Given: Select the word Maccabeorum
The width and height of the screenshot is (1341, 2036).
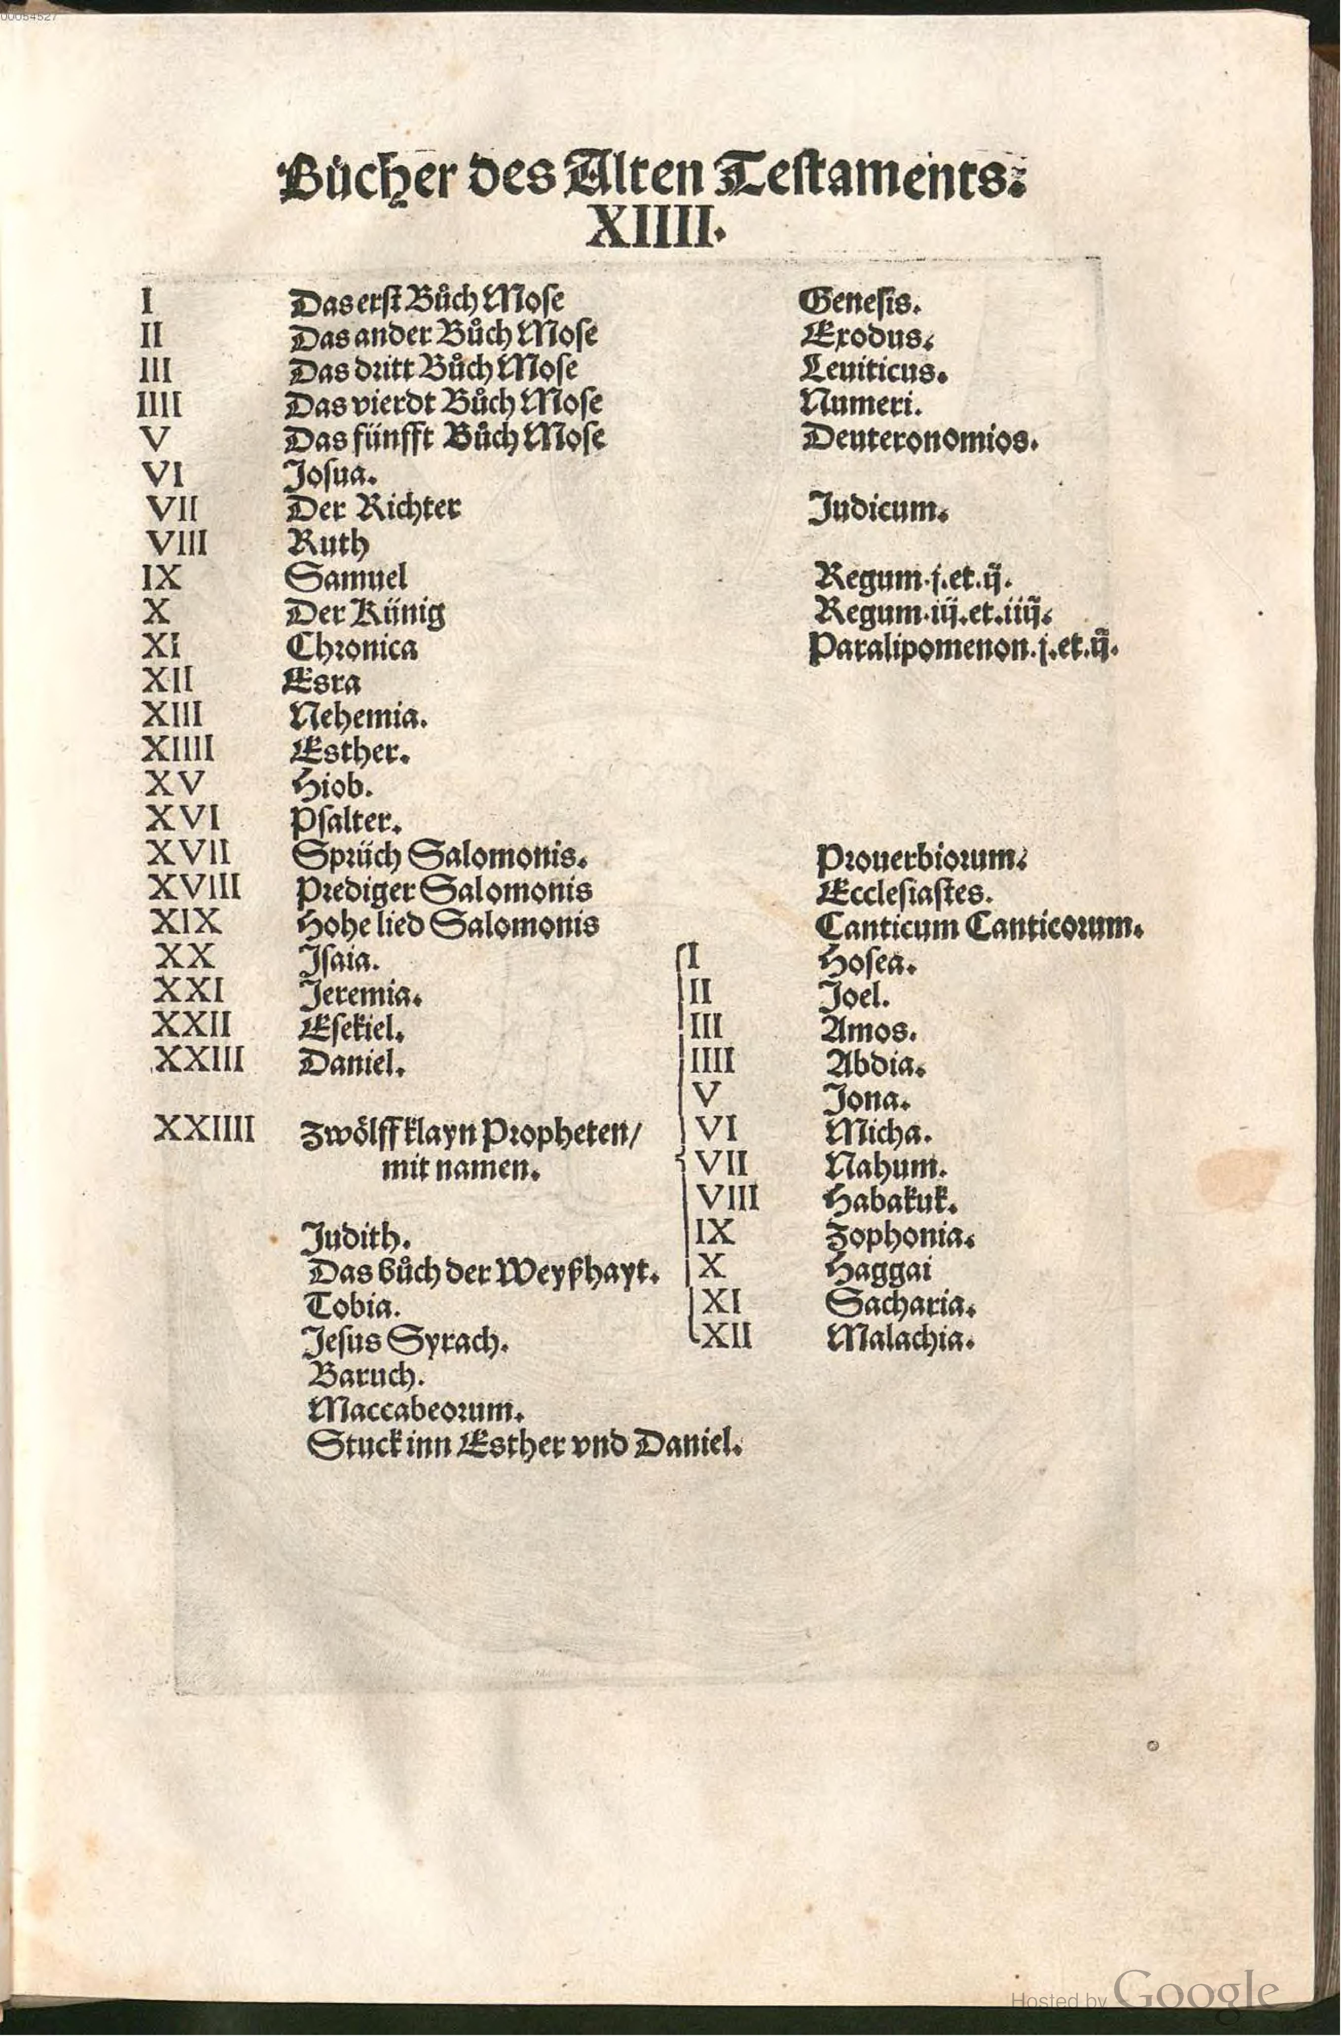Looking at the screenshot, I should tap(414, 1409).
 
